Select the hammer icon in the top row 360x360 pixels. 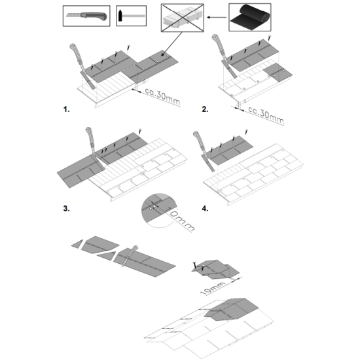[x=131, y=16]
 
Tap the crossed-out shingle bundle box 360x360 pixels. [x=183, y=18]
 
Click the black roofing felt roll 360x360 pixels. [x=250, y=17]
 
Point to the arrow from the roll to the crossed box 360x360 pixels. [x=217, y=17]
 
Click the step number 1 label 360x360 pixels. [x=66, y=109]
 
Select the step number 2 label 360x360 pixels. [x=205, y=109]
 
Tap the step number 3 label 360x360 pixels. [x=66, y=208]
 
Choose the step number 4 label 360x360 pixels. [x=205, y=208]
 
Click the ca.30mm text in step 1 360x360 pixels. [x=162, y=96]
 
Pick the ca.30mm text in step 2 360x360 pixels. [x=266, y=115]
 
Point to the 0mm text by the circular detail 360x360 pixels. [x=183, y=221]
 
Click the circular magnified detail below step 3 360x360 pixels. [x=159, y=210]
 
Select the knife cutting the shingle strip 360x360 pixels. [x=129, y=256]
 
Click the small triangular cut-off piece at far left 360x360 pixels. [x=77, y=244]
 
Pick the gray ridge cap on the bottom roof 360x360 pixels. [x=232, y=309]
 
